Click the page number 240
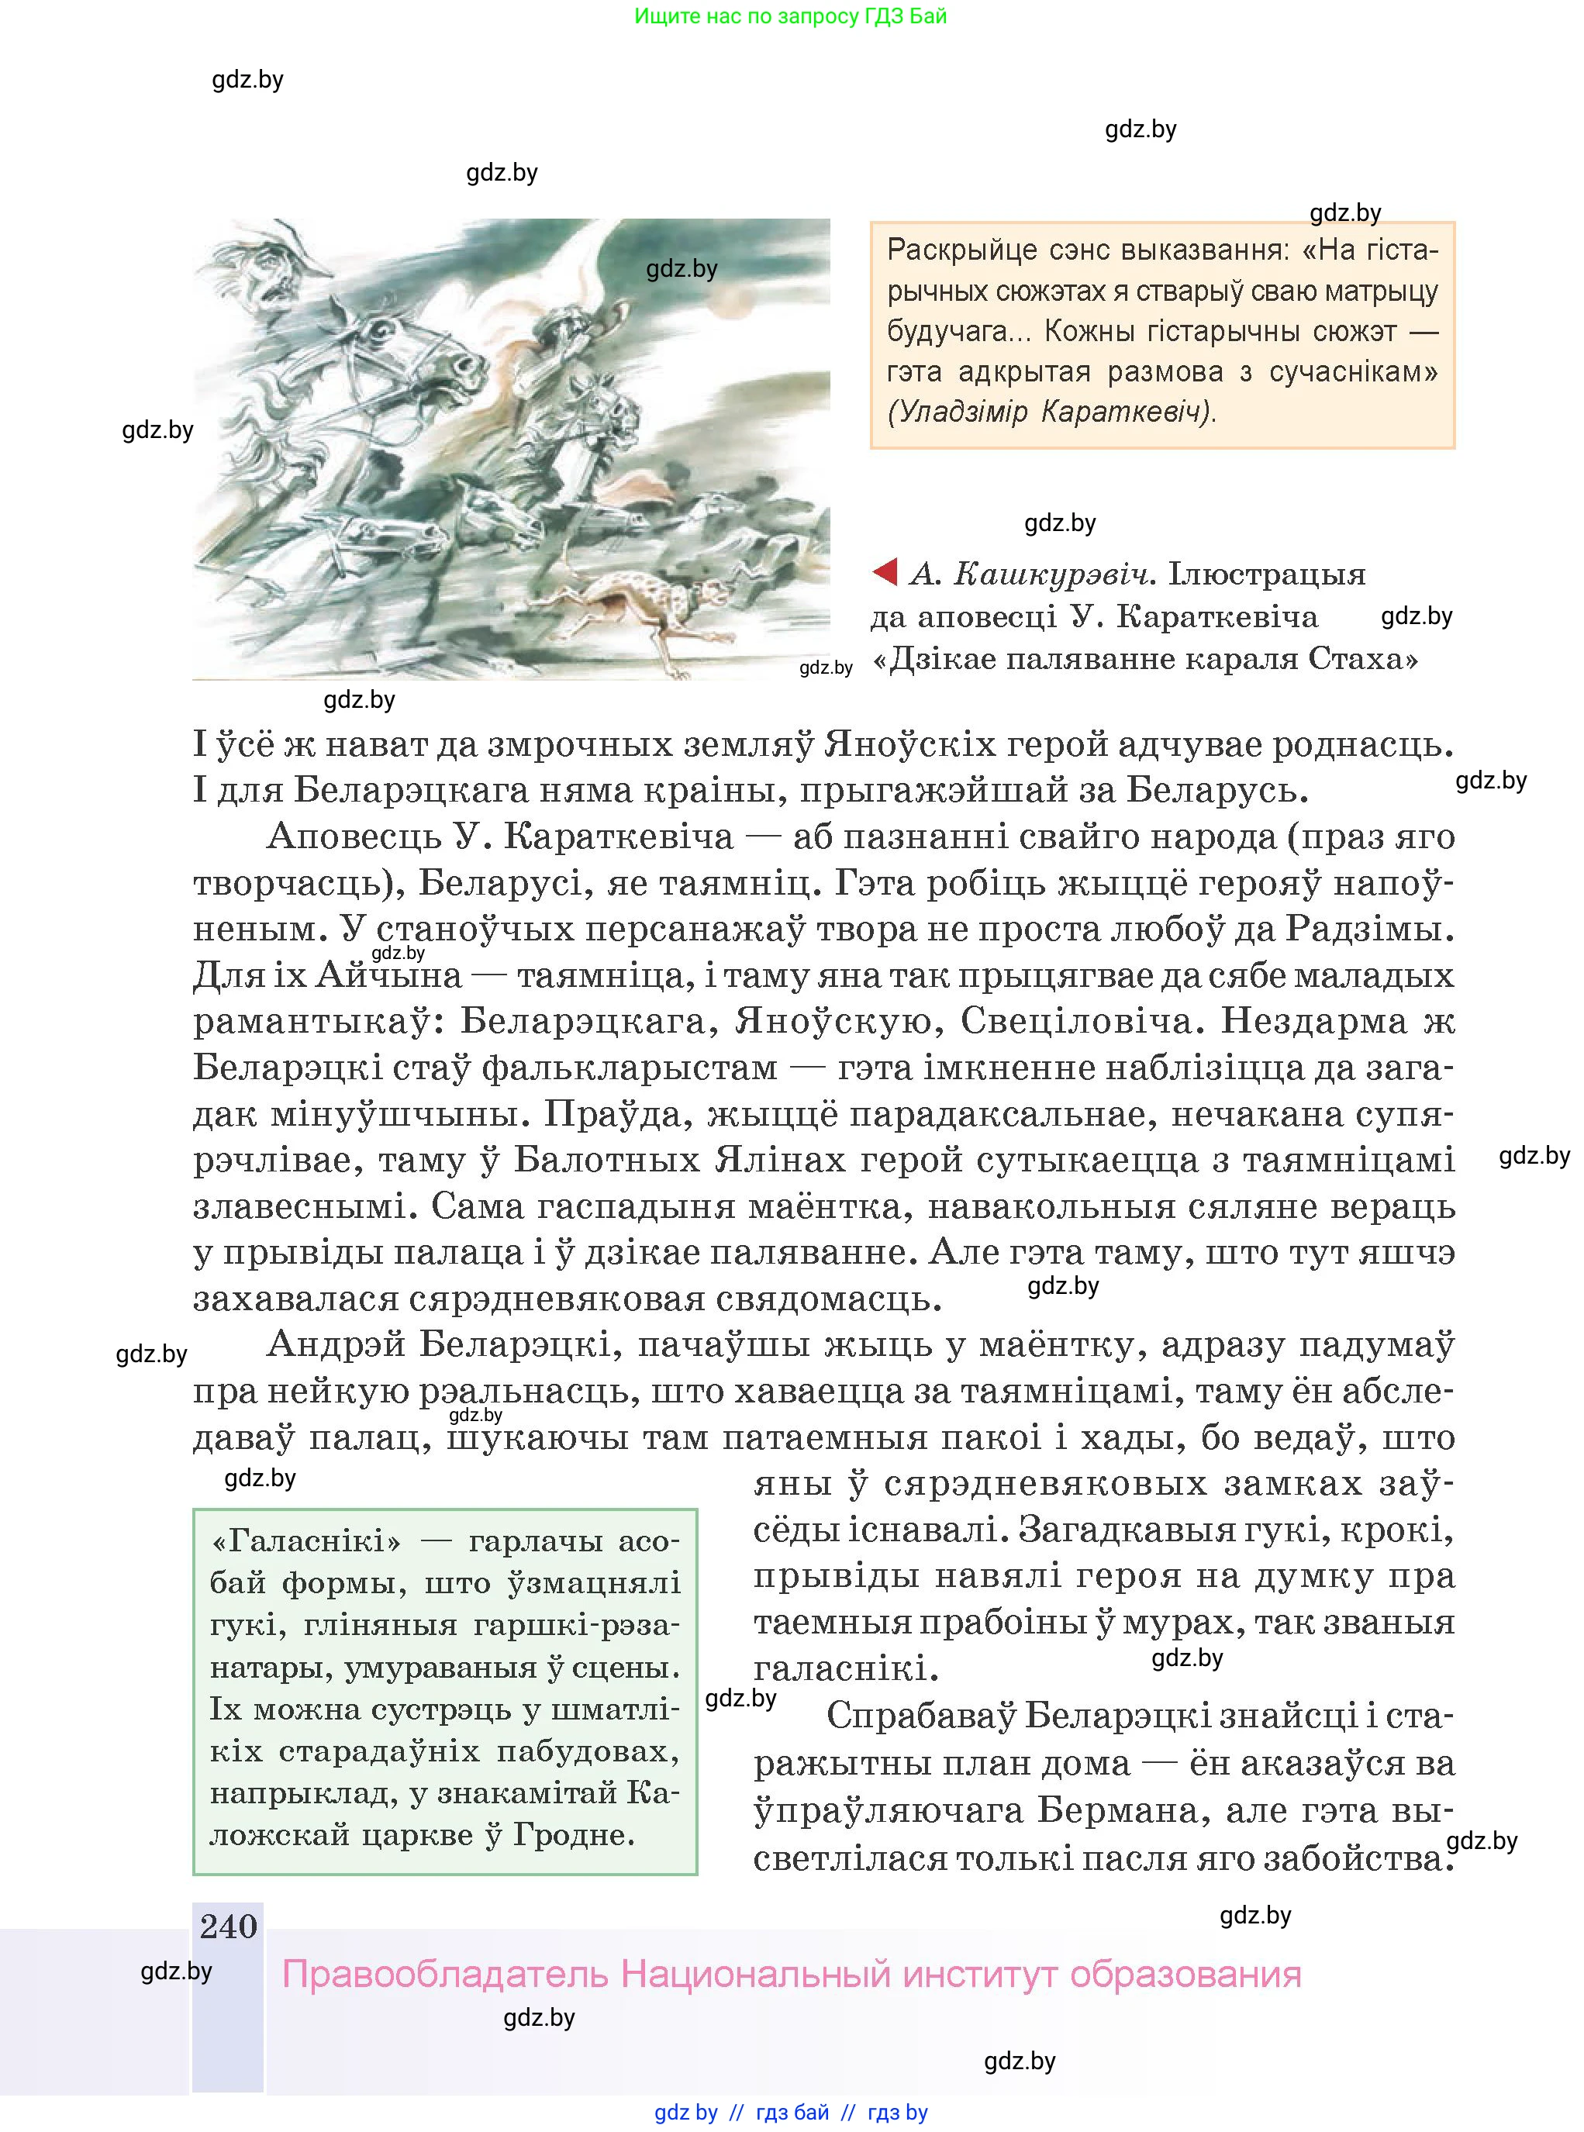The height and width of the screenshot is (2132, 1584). tap(228, 1926)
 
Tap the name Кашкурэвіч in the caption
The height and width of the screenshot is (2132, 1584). tap(1052, 574)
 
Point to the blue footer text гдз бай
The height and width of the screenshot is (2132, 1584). tap(792, 2113)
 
